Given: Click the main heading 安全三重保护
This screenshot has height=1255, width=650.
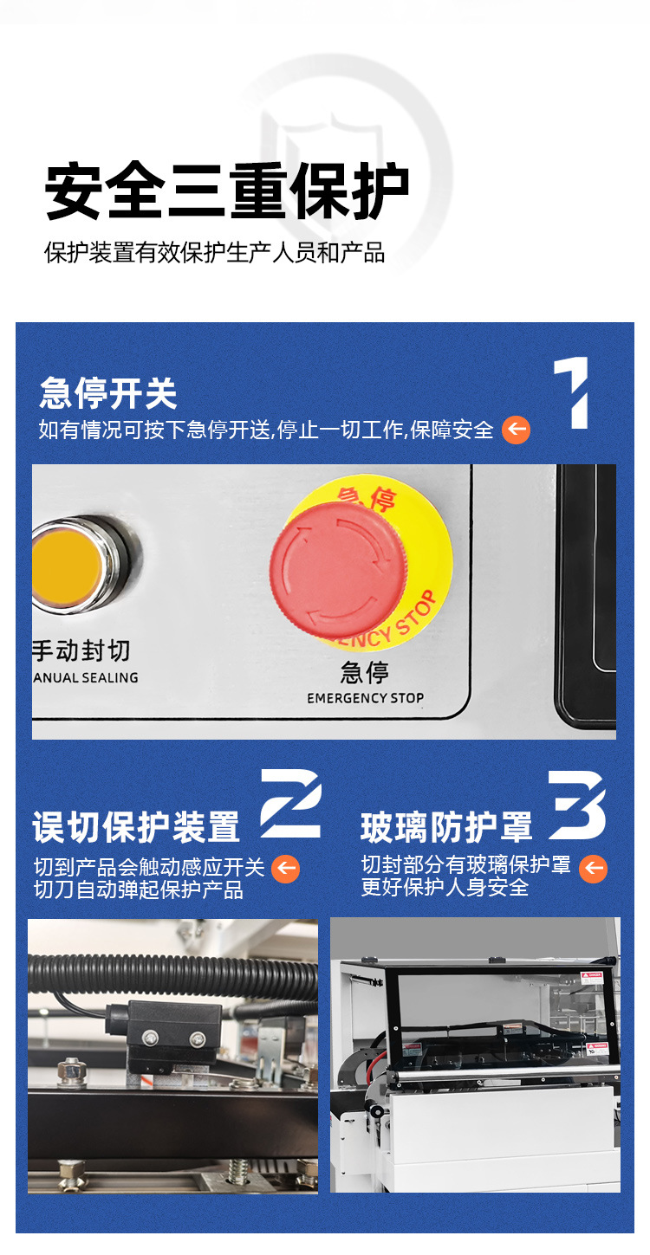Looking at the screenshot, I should [x=227, y=191].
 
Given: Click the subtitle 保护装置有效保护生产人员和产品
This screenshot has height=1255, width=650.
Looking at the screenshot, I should [x=215, y=253].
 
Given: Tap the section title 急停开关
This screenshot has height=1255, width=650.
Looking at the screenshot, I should [x=108, y=394].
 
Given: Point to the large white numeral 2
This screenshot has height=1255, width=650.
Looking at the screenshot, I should [x=291, y=803].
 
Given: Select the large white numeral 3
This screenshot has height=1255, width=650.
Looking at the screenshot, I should [x=576, y=804].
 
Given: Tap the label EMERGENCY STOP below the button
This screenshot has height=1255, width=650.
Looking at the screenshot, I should [x=365, y=698].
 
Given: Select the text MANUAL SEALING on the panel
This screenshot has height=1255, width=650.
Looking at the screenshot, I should [x=85, y=678].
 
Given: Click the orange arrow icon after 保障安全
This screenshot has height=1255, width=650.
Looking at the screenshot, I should [x=517, y=430].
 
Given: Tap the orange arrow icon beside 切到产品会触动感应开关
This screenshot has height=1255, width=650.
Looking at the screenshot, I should [x=286, y=869].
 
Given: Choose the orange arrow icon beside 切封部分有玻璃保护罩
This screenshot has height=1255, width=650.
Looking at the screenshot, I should [x=593, y=869].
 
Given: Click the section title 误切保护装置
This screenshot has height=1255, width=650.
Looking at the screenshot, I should [x=136, y=827].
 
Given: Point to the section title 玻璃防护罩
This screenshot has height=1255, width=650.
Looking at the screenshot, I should [x=446, y=827].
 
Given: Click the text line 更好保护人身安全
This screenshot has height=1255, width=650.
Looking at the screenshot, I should [x=445, y=888].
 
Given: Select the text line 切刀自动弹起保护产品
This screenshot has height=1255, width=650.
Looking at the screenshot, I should [x=139, y=890].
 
